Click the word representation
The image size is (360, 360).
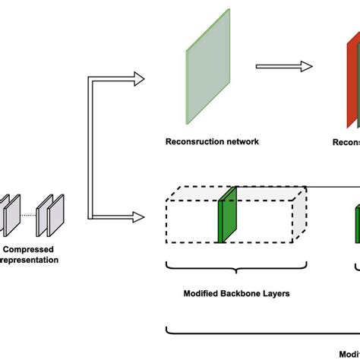(30, 260)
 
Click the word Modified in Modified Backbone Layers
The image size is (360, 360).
(204, 292)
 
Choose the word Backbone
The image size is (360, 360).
(247, 292)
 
